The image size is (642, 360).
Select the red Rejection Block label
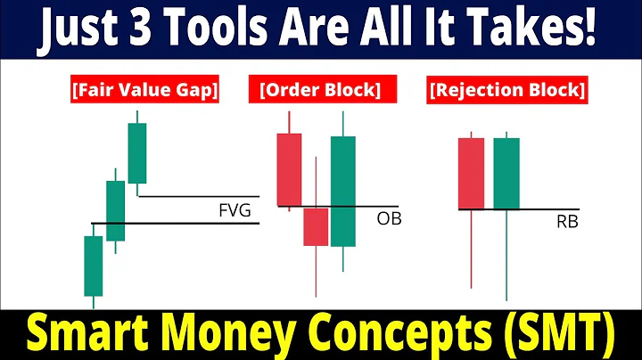click(507, 90)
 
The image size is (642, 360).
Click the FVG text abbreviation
click(235, 210)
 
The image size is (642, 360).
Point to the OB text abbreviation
click(389, 217)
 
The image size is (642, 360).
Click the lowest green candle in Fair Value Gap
click(94, 265)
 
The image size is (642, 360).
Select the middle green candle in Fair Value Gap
click(116, 210)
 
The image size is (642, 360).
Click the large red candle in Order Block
click(290, 170)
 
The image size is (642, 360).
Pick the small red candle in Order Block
click(316, 226)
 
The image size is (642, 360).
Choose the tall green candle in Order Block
click(343, 191)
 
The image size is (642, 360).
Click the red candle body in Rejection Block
click(471, 173)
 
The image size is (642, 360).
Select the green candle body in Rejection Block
click(506, 173)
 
